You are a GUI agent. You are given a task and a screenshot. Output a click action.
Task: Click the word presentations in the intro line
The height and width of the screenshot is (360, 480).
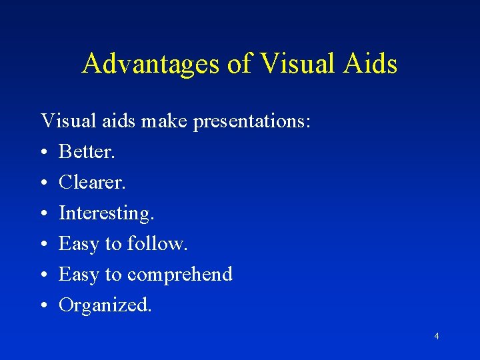[252, 122]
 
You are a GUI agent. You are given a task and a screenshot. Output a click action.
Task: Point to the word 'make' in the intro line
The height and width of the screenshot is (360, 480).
[160, 122]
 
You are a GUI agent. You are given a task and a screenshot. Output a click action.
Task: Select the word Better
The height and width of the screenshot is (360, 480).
[87, 152]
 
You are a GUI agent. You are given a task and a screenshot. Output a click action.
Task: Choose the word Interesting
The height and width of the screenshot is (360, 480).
[107, 213]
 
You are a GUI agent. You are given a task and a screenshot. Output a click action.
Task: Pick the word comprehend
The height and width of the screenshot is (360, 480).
[180, 274]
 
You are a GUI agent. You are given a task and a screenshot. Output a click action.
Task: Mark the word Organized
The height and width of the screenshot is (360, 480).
[105, 305]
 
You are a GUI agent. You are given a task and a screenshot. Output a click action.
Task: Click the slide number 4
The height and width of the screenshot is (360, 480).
[436, 336]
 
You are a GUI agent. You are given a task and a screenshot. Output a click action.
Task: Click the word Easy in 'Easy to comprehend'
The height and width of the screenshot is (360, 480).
[79, 274]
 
